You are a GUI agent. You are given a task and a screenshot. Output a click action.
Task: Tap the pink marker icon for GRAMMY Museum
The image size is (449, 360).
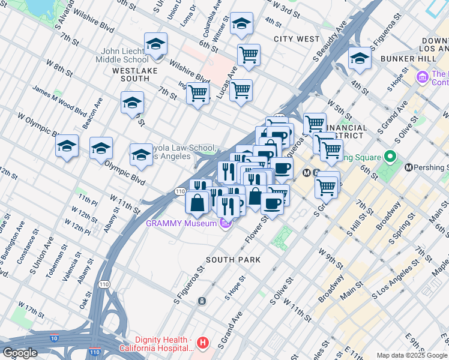pyautogui.click(x=225, y=224)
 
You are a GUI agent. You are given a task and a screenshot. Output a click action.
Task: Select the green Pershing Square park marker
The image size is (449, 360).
pyautogui.click(x=390, y=157)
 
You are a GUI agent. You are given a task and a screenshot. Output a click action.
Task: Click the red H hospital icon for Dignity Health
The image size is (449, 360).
pyautogui.click(x=203, y=343)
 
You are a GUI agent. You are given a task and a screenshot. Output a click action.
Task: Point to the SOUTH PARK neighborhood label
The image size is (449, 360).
pyautogui.click(x=233, y=260)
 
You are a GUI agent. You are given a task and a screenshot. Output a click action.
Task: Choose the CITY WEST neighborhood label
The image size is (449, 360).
pyautogui.click(x=297, y=39)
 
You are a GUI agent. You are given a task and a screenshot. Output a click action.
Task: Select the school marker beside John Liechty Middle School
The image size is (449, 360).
pyautogui.click(x=155, y=45)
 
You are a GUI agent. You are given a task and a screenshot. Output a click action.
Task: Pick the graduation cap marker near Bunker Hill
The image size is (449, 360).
pyautogui.click(x=360, y=59)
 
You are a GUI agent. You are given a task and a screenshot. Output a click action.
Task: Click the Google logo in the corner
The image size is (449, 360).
pyautogui.click(x=19, y=353)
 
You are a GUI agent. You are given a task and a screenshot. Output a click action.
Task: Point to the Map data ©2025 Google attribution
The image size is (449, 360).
pyautogui.click(x=411, y=355)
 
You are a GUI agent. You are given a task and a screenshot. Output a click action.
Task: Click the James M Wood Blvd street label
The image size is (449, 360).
pyautogui.click(x=59, y=100)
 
